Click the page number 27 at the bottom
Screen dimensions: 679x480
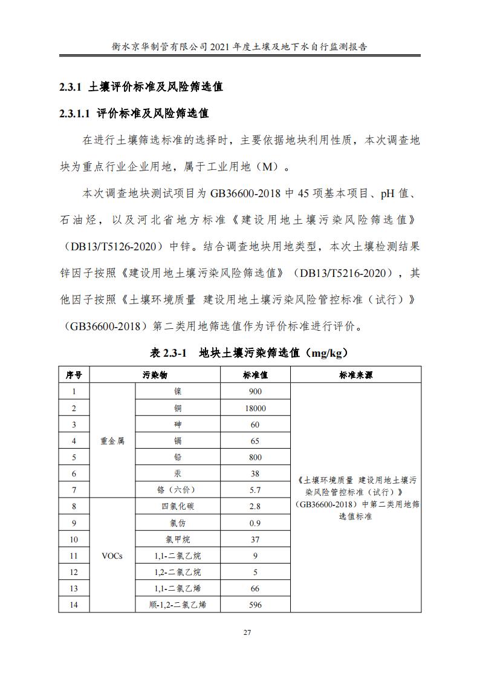[x=247, y=632]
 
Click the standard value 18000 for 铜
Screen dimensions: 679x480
[x=255, y=408]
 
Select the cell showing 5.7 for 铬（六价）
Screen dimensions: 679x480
[x=255, y=490]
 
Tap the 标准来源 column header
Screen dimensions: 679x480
[x=355, y=375]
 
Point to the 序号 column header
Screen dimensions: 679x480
[x=74, y=375]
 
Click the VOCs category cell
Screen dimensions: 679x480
[x=112, y=556]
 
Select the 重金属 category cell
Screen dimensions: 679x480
[x=112, y=441]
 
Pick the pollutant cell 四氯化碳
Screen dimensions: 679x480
[x=177, y=506]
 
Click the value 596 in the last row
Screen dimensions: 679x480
[x=255, y=604]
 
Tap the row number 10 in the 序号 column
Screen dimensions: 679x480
[x=74, y=539]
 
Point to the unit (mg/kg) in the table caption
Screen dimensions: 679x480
[x=326, y=352]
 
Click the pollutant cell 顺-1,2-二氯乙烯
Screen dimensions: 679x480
[x=177, y=604]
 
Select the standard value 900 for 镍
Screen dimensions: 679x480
[x=255, y=392]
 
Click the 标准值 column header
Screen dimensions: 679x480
[x=255, y=375]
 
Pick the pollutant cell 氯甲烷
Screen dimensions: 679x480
[x=177, y=539]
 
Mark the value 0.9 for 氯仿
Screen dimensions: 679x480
[x=255, y=522]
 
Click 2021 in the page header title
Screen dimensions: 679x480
[x=221, y=46]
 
